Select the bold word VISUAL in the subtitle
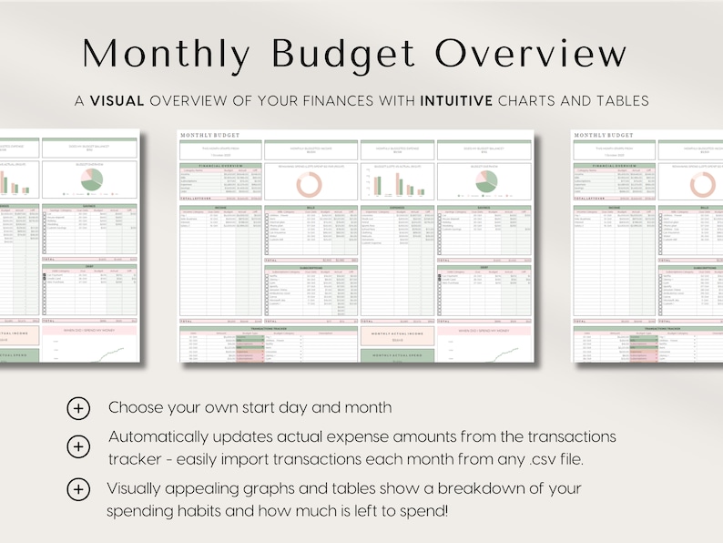(117, 101)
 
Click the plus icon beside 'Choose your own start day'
(79, 408)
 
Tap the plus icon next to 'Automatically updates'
(79, 446)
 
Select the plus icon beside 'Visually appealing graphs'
(79, 489)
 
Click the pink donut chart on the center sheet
(309, 183)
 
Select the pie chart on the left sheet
(90, 182)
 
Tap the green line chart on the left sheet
(91, 347)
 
